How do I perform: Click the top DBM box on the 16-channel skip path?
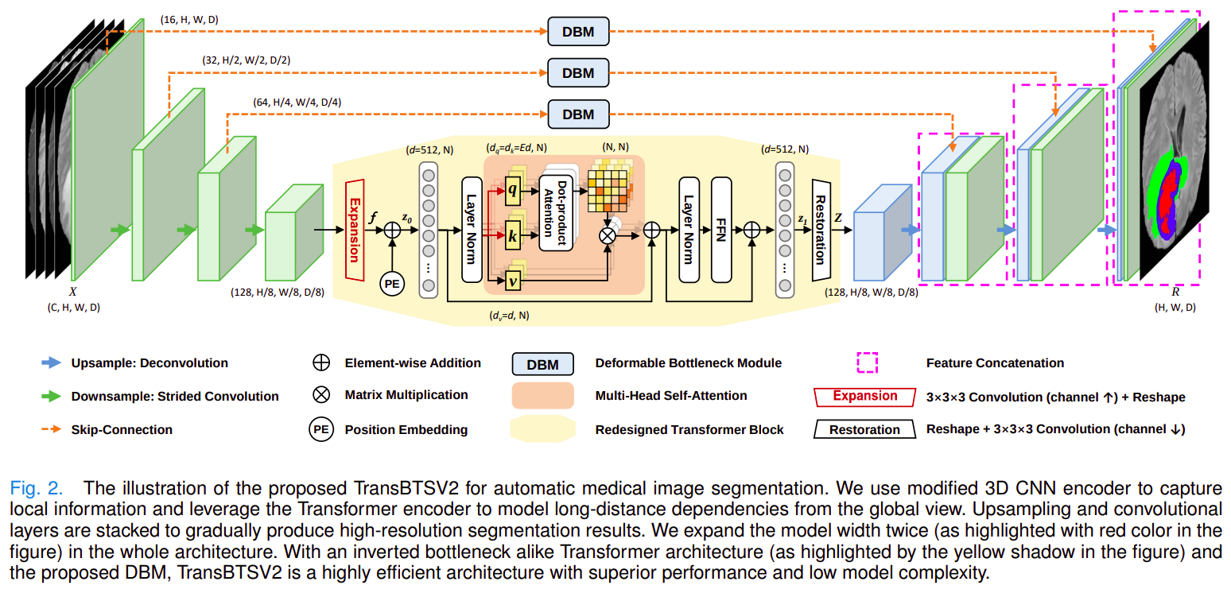578,32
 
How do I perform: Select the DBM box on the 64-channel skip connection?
578,114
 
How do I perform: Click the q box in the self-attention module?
512,191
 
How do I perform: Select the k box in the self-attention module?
512,237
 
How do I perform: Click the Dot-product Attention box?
558,213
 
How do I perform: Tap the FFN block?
721,230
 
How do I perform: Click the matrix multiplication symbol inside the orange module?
608,235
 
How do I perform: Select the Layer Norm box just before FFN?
689,230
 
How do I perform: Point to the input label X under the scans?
73,292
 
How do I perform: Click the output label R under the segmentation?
1175,293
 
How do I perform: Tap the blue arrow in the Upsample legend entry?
52,363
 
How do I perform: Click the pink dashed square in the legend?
867,363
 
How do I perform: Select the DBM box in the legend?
543,365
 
